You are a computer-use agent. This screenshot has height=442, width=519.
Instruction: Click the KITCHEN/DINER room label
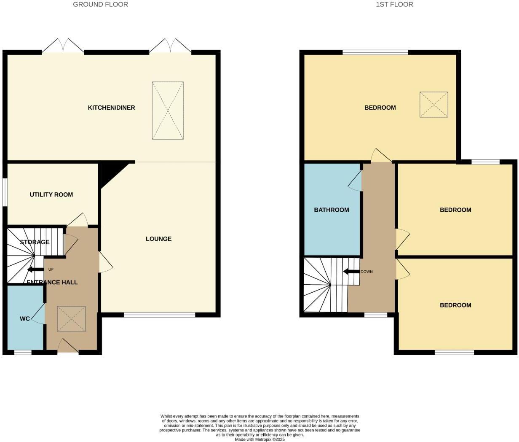coord(111,108)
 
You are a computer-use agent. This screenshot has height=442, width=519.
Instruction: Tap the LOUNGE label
coord(158,239)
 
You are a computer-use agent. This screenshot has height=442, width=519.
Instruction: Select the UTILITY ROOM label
coord(51,194)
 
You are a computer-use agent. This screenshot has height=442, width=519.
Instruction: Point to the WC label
coord(25,319)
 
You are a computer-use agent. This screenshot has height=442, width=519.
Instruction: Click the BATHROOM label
coord(332,210)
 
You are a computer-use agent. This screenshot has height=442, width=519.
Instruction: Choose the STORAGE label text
coord(35,242)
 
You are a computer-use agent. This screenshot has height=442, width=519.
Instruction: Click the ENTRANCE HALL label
coord(52,282)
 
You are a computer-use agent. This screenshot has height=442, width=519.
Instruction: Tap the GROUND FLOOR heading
coord(100,4)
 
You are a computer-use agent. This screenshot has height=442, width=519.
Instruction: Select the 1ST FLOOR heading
coord(394,4)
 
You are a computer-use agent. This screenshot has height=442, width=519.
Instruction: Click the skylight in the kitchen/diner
coord(168,110)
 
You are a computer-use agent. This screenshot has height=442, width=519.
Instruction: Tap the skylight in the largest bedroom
coord(433,105)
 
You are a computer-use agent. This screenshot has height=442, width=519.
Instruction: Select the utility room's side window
coord(5,192)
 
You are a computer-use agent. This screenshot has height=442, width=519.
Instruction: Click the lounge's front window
coord(159,314)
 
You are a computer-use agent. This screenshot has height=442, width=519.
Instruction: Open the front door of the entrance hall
coord(68,346)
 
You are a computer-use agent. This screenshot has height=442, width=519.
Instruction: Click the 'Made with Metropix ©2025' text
coord(260,439)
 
